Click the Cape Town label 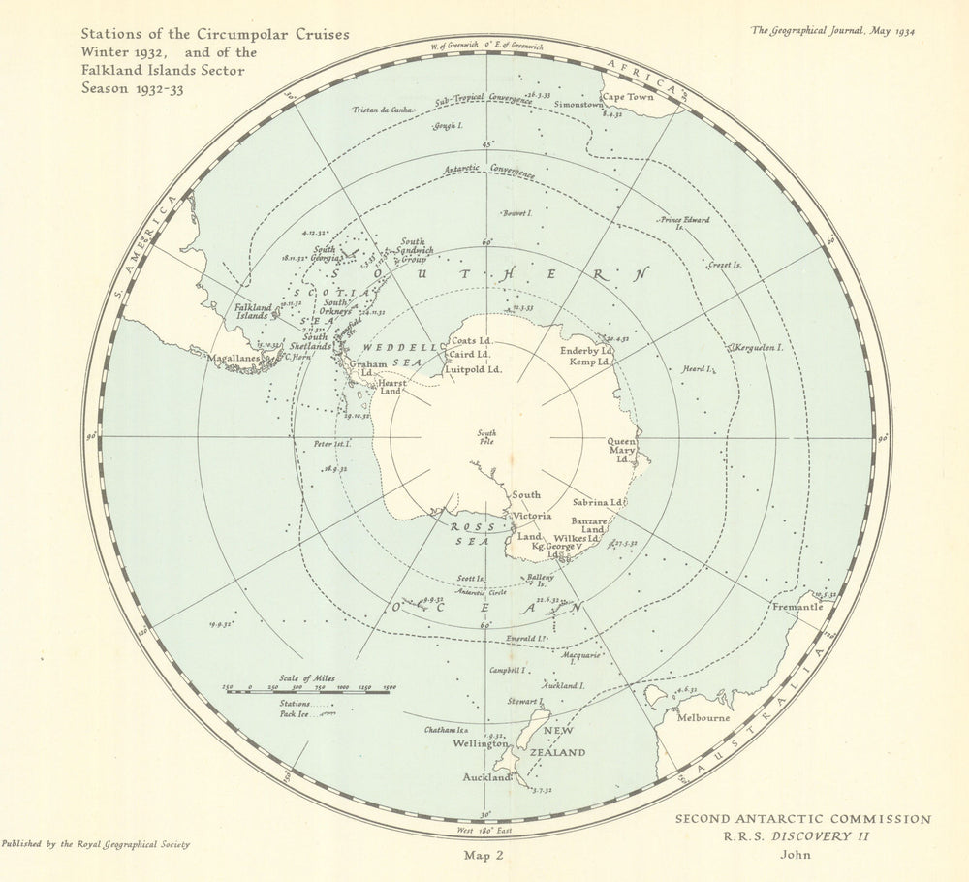point(628,97)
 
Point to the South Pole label point(486,437)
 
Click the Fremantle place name point(797,607)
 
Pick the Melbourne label point(704,718)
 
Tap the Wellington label point(480,743)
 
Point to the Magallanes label point(233,357)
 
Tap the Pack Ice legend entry point(297,712)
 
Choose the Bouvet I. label point(516,213)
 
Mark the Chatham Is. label point(446,730)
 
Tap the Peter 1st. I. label point(332,444)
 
